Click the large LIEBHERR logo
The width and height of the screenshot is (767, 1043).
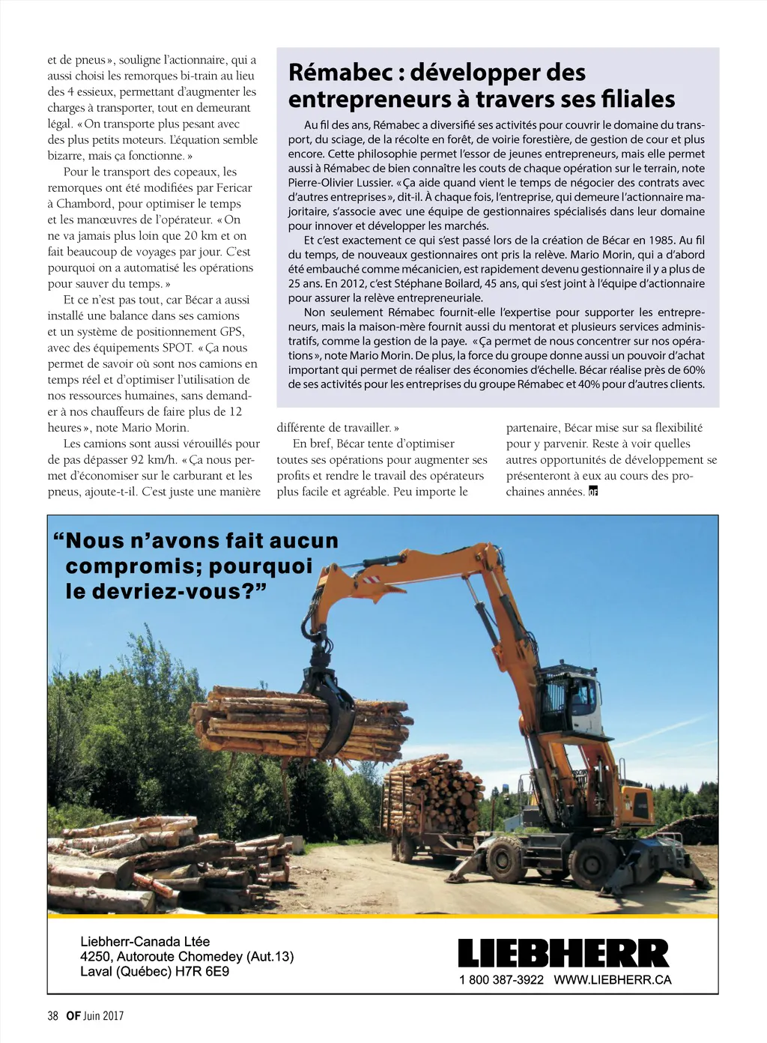(563, 953)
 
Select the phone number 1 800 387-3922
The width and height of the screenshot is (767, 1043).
(501, 980)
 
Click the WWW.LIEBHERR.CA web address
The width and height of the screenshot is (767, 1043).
(613, 980)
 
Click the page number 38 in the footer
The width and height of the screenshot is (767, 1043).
(52, 1016)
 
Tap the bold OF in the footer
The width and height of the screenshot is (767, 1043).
(73, 1016)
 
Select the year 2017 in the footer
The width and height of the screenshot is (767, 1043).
(113, 1016)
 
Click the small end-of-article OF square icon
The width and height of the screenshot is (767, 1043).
(593, 492)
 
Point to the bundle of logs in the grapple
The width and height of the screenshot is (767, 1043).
(300, 721)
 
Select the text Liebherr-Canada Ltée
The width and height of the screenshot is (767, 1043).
(145, 942)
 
